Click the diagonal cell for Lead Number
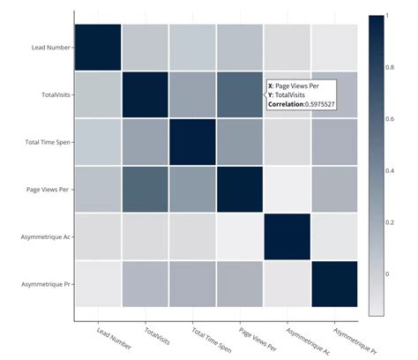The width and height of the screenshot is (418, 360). coord(97,46)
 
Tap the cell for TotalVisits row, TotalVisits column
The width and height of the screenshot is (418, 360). coord(145,94)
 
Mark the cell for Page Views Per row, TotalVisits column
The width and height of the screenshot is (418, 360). coord(145,189)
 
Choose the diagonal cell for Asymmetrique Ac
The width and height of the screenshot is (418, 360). coord(287,236)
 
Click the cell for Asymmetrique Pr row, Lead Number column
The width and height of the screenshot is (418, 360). coord(97,284)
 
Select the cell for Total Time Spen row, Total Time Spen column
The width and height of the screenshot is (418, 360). coord(192,141)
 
